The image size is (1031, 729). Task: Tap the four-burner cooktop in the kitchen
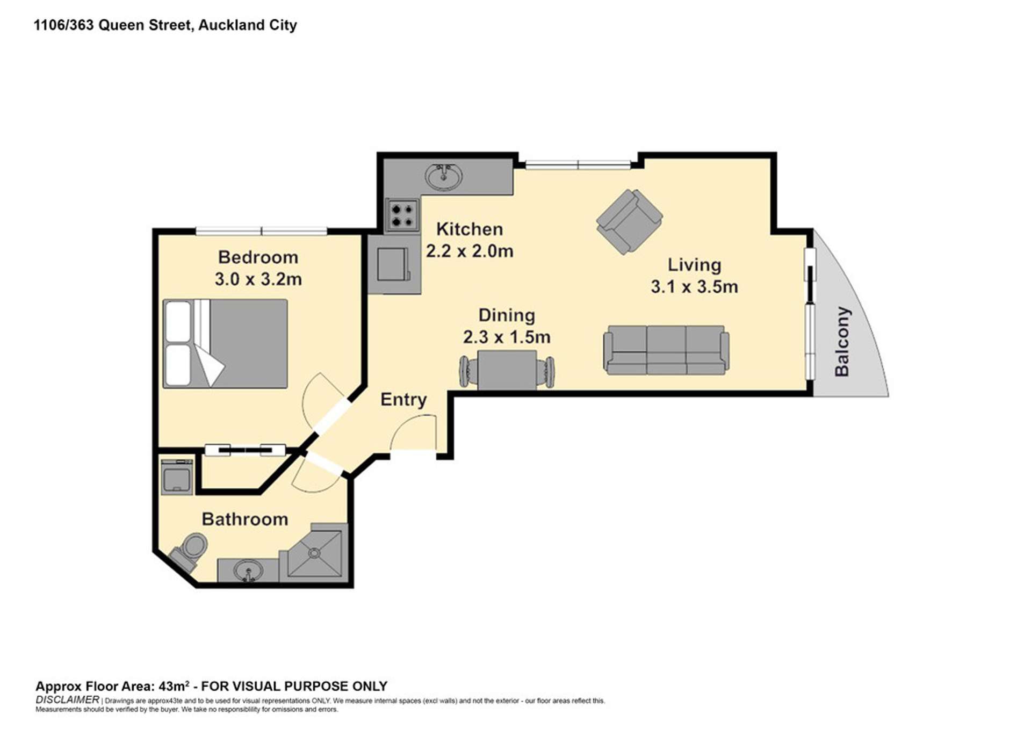pos(402,215)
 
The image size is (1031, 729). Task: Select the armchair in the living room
pos(629,221)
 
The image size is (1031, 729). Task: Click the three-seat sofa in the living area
pos(666,350)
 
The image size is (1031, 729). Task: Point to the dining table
pos(507,370)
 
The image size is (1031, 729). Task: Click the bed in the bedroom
pos(226,344)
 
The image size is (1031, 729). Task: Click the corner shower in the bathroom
pos(315,553)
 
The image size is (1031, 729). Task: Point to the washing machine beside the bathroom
pos(176,477)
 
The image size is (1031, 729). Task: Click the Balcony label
pos(841,342)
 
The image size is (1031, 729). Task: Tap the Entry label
pos(403,400)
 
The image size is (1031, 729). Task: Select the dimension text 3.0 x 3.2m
pos(258,279)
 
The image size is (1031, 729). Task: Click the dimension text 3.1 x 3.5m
pos(694,287)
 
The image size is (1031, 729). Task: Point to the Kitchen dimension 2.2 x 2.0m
pos(470,251)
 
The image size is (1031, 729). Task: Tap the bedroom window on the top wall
pos(261,232)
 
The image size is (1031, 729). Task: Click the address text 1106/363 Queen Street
pos(113,25)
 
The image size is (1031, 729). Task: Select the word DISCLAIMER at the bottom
pos(67,700)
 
